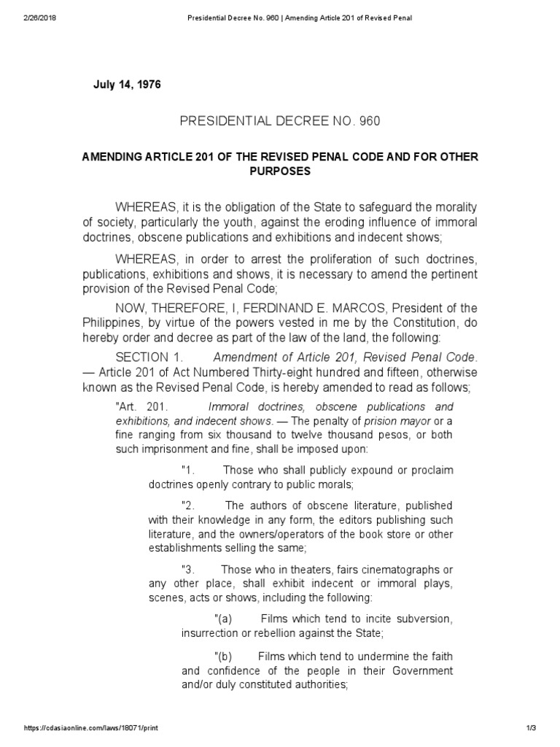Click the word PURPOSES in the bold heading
click(279, 171)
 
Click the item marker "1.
click(187, 471)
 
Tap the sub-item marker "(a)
click(219, 619)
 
